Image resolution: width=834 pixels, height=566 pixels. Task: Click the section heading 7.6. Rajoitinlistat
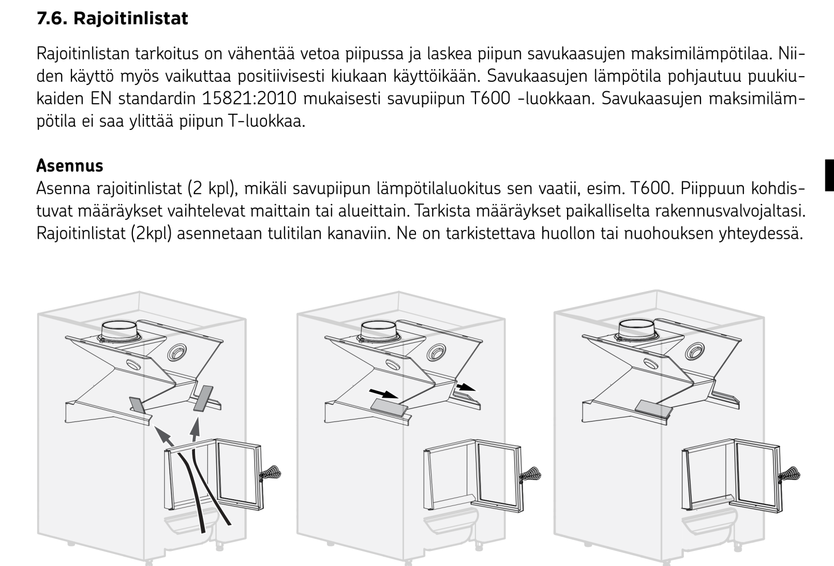coord(112,18)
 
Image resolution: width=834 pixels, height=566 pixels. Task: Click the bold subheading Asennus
coord(70,165)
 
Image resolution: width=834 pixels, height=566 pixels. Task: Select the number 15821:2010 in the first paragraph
coord(249,99)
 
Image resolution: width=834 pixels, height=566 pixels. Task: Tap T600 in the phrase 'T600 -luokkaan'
coord(490,99)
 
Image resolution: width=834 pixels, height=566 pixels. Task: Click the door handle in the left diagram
coord(271,474)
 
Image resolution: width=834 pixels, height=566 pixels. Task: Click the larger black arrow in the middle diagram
coord(384,394)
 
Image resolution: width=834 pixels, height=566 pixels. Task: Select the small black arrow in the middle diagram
coord(466,387)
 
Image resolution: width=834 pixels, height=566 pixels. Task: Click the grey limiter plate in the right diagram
coord(654,408)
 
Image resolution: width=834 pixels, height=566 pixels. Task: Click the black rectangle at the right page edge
coord(829,175)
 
